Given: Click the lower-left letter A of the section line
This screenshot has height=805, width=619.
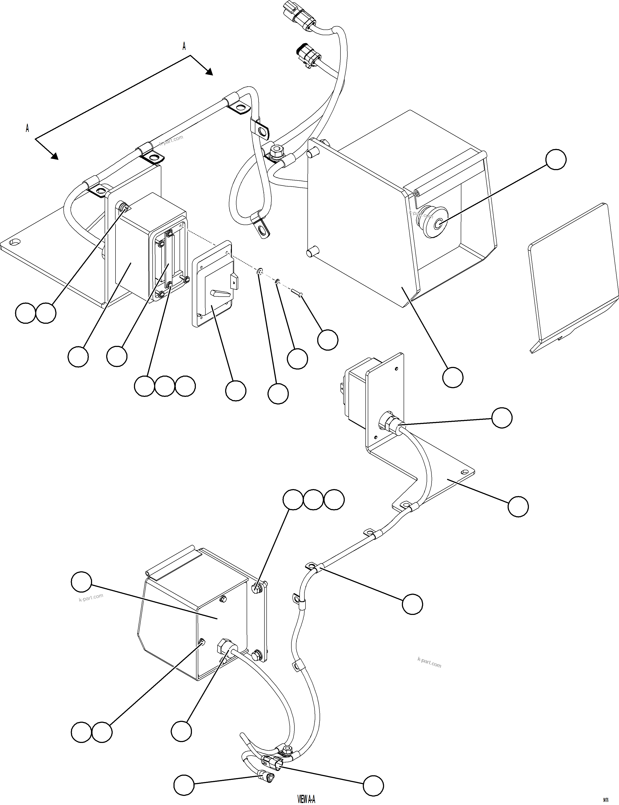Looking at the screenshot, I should pyautogui.click(x=27, y=128).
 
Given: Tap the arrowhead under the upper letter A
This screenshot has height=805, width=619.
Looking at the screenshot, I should pyautogui.click(x=209, y=71).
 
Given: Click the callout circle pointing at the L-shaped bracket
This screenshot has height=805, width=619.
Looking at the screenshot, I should pyautogui.click(x=518, y=507).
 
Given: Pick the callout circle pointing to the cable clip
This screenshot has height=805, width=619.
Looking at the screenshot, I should pyautogui.click(x=412, y=604).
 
